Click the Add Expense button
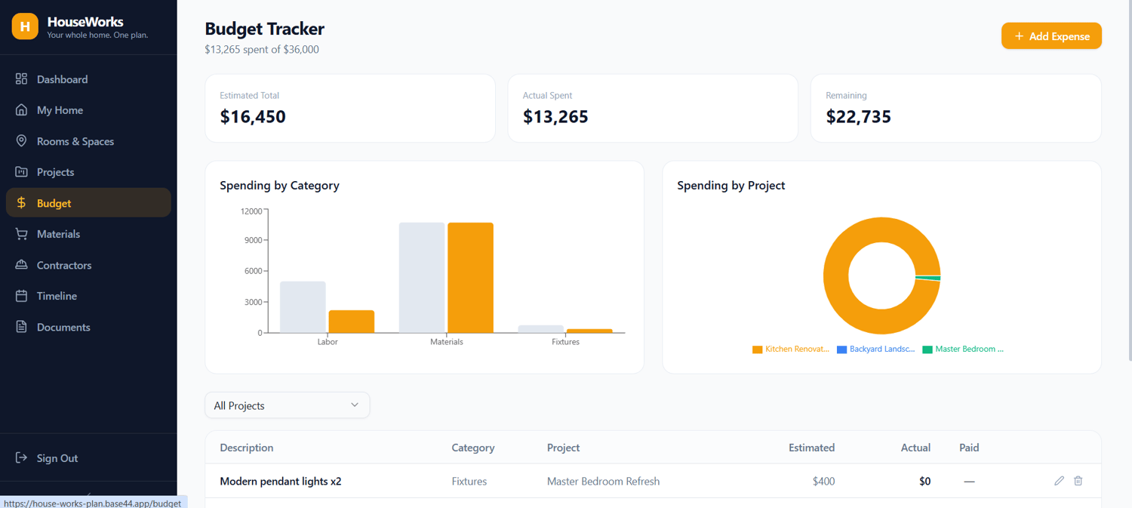click(x=1051, y=36)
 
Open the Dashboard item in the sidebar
click(x=62, y=79)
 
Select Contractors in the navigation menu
click(x=64, y=265)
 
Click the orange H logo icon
click(x=25, y=26)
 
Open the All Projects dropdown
click(x=287, y=405)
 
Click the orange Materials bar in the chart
click(x=470, y=278)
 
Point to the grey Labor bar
click(x=303, y=306)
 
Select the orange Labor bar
click(x=351, y=322)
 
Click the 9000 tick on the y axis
click(x=253, y=240)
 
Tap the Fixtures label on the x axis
click(x=565, y=342)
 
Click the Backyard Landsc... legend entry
click(x=875, y=349)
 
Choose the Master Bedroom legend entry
click(x=963, y=349)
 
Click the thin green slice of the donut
click(x=927, y=278)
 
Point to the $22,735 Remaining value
click(x=858, y=117)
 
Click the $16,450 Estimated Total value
click(x=253, y=117)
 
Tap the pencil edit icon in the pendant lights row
click(x=1060, y=481)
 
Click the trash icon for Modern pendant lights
click(x=1078, y=481)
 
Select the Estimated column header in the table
click(x=811, y=448)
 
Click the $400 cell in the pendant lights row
click(x=824, y=482)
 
